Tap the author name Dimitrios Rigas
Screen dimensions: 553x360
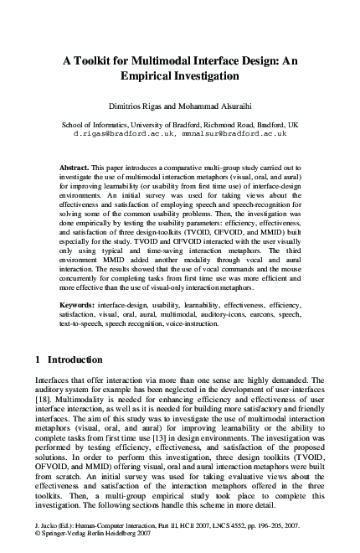point(136,106)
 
